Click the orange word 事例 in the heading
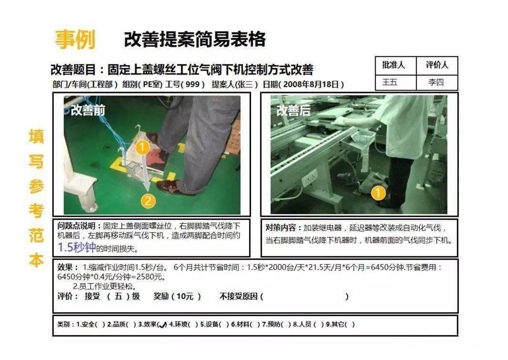click(x=75, y=40)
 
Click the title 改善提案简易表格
click(x=194, y=40)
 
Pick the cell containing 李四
click(x=436, y=82)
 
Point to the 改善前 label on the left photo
click(x=88, y=110)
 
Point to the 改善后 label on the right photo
click(x=293, y=111)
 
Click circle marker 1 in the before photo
click(x=142, y=147)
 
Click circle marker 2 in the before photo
click(x=149, y=201)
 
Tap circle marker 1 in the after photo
click(x=378, y=193)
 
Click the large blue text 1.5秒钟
click(x=76, y=247)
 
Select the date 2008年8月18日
click(x=311, y=84)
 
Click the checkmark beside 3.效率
click(x=163, y=325)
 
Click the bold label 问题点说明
click(x=79, y=226)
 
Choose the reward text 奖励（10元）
click(x=177, y=297)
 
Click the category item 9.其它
click(x=339, y=324)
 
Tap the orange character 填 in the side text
click(x=36, y=136)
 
